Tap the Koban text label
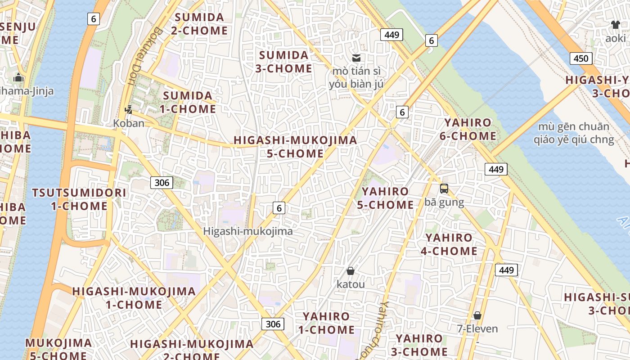pyautogui.click(x=129, y=123)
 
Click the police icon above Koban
pyautogui.click(x=129, y=109)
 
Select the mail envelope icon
pyautogui.click(x=356, y=58)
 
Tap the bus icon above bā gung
pyautogui.click(x=444, y=189)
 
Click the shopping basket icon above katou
pyautogui.click(x=351, y=271)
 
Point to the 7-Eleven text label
pyautogui.click(x=477, y=328)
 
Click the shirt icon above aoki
pyautogui.click(x=615, y=25)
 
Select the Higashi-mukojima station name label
pyautogui.click(x=248, y=231)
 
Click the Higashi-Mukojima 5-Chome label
pyautogui.click(x=295, y=147)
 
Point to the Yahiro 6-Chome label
pyautogui.click(x=468, y=129)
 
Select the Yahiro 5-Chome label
pyautogui.click(x=385, y=198)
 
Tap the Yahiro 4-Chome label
pyautogui.click(x=449, y=244)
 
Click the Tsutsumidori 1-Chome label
pyautogui.click(x=79, y=199)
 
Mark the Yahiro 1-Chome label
pyautogui.click(x=326, y=323)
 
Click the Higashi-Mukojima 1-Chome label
pyautogui.click(x=134, y=298)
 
